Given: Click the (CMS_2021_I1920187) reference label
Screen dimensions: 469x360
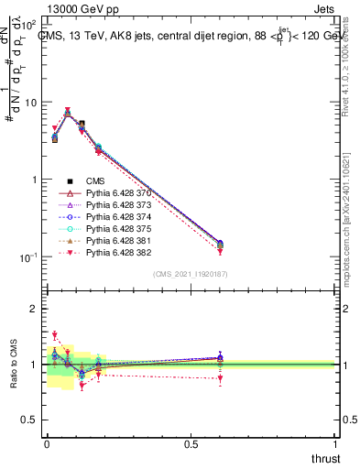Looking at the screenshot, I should (x=191, y=274).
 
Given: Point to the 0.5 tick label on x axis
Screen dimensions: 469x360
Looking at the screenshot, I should (x=191, y=443).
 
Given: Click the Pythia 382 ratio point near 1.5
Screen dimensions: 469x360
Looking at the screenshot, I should (x=54, y=335).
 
